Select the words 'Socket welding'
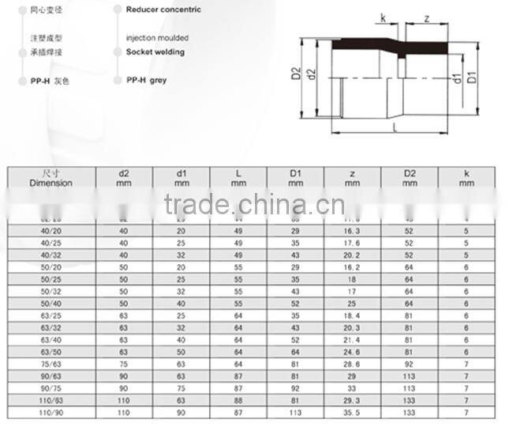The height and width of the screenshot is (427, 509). point(155,52)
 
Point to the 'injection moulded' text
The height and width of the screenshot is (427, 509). point(157,38)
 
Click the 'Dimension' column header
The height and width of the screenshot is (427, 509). point(51,178)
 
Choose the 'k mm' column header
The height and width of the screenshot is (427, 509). point(466,178)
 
